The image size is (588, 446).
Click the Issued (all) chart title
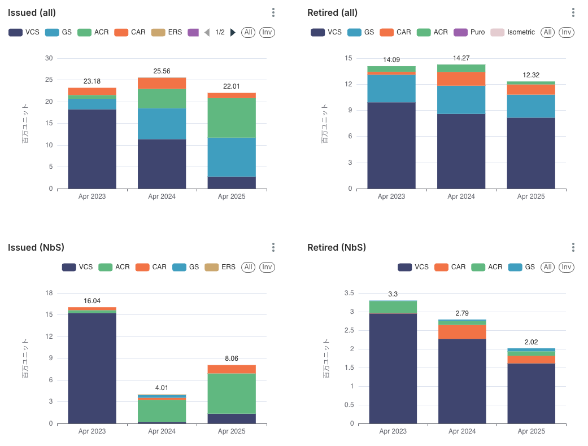[x=32, y=12]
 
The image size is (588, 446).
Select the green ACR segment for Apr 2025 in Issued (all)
[x=232, y=117]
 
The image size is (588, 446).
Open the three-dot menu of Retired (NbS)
[x=573, y=247]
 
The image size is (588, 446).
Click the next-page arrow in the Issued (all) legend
[x=233, y=32]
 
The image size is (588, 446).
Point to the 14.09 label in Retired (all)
[x=391, y=60]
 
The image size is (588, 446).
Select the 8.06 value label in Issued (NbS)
[x=232, y=358]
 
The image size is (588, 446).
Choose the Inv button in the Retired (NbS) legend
[x=567, y=267]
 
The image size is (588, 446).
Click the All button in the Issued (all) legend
[x=248, y=32]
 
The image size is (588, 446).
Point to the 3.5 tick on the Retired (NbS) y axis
[x=349, y=293]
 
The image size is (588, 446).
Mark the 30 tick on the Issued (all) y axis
[x=49, y=58]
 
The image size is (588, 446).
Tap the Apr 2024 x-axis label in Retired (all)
[x=461, y=196]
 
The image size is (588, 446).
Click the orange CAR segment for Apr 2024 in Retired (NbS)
[x=463, y=331]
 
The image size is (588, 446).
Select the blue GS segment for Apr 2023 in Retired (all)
[x=391, y=88]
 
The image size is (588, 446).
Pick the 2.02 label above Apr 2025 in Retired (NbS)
[x=531, y=342]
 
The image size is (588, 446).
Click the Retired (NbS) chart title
[x=337, y=247]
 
